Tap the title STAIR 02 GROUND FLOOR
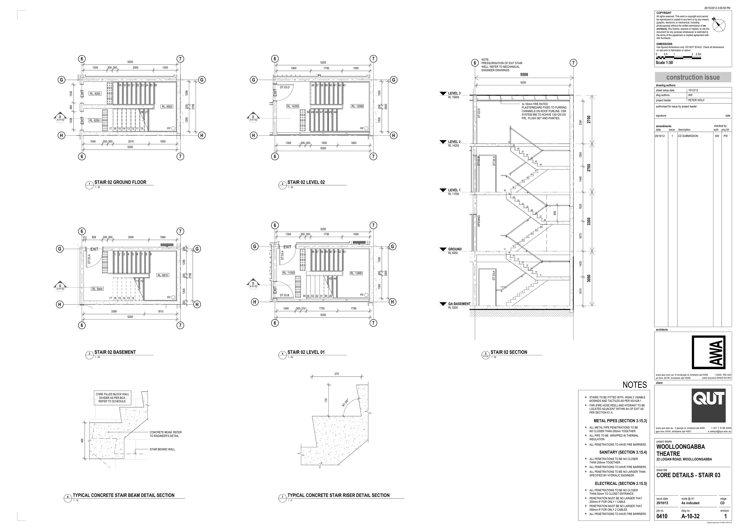click(x=120, y=182)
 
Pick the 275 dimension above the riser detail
click(x=336, y=374)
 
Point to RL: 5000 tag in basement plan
click(x=97, y=289)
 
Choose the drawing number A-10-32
click(x=690, y=516)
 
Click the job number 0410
click(x=662, y=516)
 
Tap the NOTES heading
click(x=635, y=385)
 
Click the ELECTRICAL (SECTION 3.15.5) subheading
click(x=621, y=484)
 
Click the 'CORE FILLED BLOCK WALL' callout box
click(x=113, y=398)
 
